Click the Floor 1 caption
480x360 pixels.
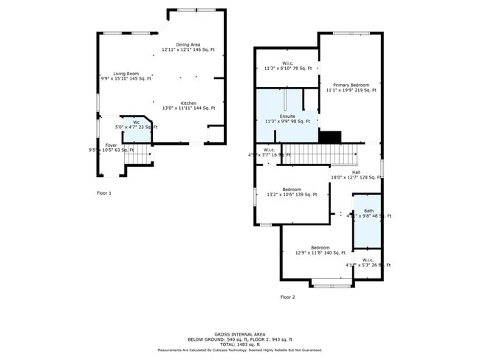tap(104, 193)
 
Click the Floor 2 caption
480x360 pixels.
tap(287, 297)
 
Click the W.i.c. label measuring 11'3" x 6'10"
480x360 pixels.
tap(287, 66)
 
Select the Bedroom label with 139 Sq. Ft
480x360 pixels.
tap(292, 192)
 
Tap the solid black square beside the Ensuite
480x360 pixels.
tap(329, 136)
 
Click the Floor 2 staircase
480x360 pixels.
tap(325, 154)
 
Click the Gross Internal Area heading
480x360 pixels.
tap(239, 333)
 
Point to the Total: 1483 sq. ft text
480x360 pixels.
tap(239, 345)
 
